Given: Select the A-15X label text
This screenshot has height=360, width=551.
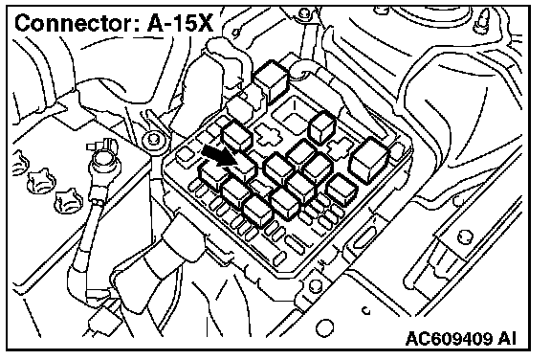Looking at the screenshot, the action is coord(180,24).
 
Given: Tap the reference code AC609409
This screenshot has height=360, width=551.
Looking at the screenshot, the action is coord(450,339).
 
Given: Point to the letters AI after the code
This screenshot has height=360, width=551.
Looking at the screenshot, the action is coord(507,339).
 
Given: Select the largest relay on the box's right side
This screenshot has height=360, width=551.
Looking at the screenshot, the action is coord(369,160).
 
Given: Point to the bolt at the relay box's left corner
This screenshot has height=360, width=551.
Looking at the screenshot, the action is coord(154,139).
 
